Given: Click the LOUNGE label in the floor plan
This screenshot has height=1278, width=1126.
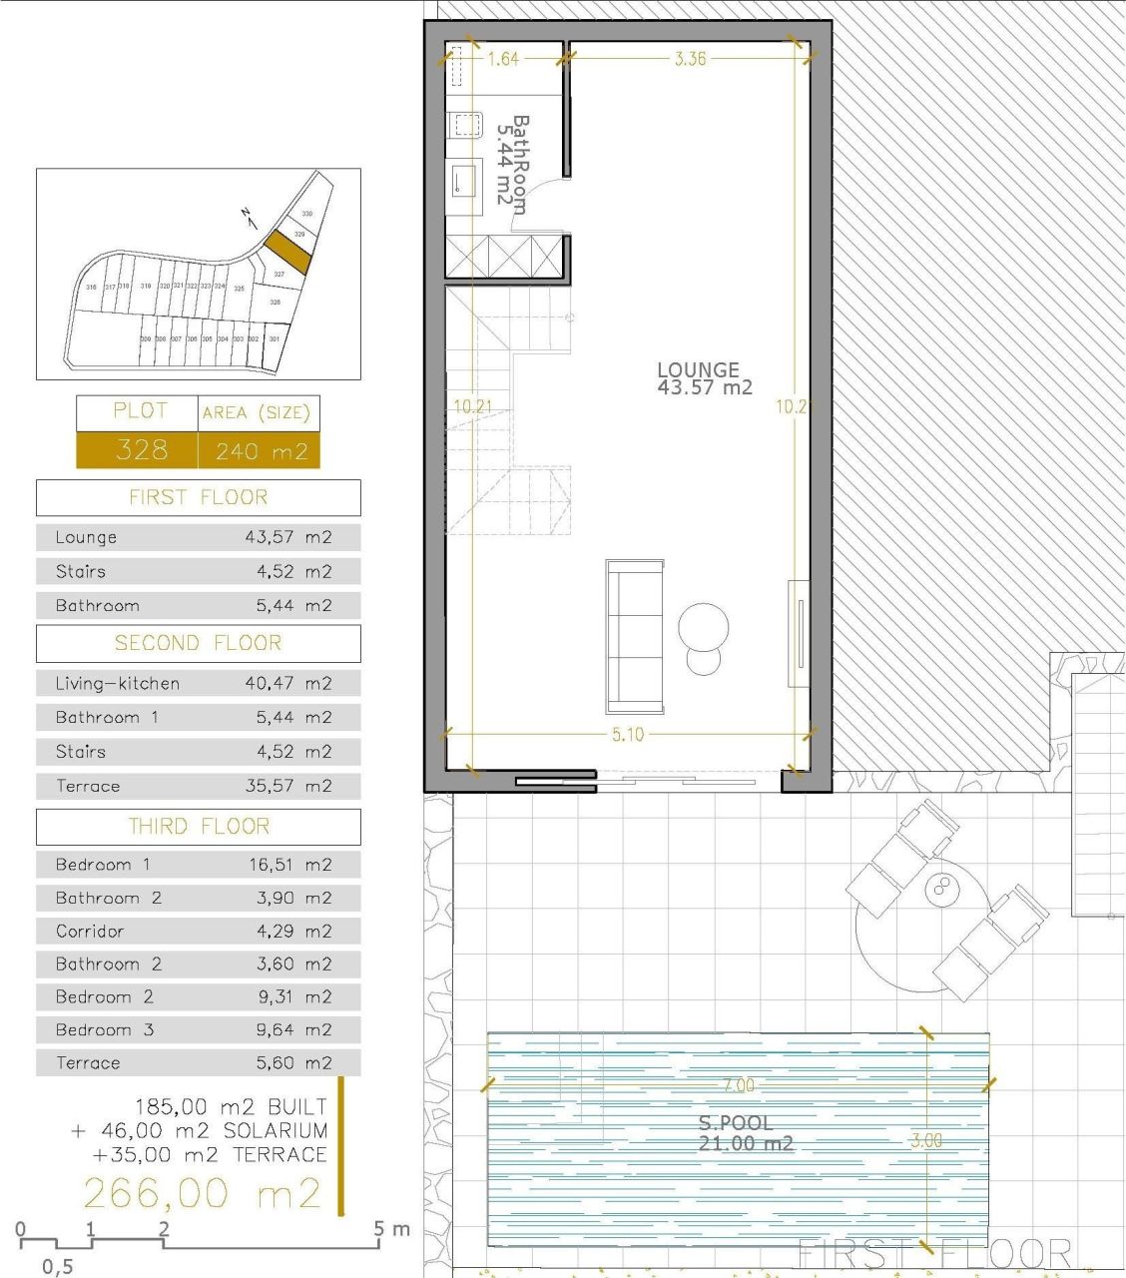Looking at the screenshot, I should pos(699,369).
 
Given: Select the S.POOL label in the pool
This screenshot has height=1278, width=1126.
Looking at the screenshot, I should pos(736,1123).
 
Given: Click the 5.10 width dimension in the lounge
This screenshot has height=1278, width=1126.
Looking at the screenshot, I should pos(627,735).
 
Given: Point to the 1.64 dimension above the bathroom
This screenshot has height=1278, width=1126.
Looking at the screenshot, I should pos(503,59).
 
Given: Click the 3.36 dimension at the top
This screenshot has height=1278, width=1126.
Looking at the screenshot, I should pos(690,59).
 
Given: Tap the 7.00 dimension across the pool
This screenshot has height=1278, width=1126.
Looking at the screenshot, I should pos(739,1085).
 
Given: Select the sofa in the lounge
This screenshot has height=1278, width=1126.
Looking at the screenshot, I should pos(634,636).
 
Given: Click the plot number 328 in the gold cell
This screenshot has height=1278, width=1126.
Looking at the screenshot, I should pos(141,450).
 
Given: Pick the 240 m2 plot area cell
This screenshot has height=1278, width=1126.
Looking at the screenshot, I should pos(261,451).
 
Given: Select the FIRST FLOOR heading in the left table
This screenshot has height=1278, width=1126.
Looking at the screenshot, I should pos(198,497).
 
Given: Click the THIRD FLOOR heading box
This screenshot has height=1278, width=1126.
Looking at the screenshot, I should pos(198,827).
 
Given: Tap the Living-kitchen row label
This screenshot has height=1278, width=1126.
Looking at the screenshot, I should pos(118,684).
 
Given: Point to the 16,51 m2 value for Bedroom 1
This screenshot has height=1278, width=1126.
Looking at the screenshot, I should pos(289,865).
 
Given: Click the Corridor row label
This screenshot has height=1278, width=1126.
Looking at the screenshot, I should pos(90,931).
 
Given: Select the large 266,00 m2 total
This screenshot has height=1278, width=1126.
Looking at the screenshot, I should pos(202,1193).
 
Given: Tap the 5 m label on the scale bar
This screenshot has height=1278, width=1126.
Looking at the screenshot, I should pos(391,1228).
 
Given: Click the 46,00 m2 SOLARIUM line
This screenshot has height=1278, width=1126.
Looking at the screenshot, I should pos(200,1131).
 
